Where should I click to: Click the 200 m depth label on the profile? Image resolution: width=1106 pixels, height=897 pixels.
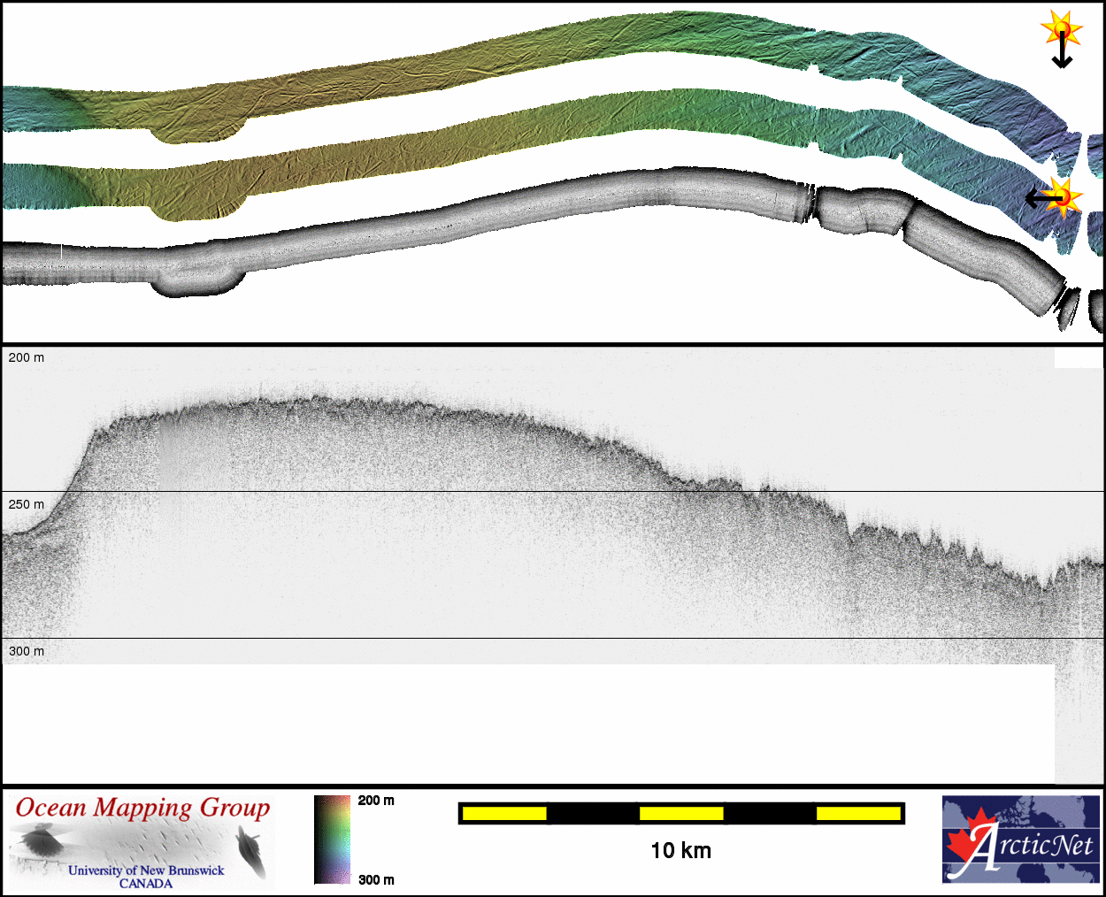pyautogui.click(x=26, y=357)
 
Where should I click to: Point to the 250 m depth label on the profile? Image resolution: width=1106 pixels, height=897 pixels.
pyautogui.click(x=26, y=504)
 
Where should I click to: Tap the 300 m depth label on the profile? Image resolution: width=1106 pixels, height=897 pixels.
pyautogui.click(x=26, y=651)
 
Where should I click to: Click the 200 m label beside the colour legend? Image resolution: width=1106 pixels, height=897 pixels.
pyautogui.click(x=376, y=801)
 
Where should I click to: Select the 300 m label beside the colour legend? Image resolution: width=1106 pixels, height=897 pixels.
pyautogui.click(x=376, y=880)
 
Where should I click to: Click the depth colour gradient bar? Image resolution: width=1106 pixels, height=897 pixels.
pyautogui.click(x=332, y=839)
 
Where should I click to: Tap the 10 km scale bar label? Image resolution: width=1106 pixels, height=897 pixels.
pyautogui.click(x=680, y=851)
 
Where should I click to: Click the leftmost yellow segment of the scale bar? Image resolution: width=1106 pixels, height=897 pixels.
pyautogui.click(x=504, y=814)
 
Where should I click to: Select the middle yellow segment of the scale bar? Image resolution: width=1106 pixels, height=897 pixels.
pyautogui.click(x=681, y=814)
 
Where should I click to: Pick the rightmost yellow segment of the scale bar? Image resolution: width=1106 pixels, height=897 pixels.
pyautogui.click(x=858, y=814)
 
